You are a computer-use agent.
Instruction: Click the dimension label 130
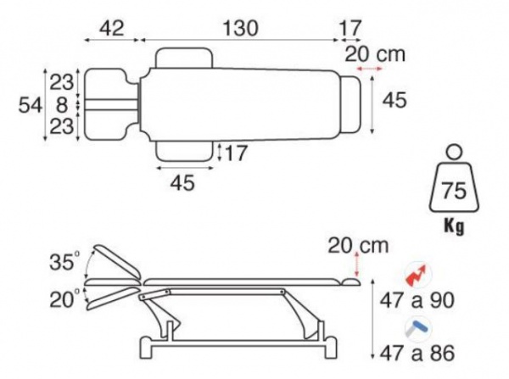pos(241,28)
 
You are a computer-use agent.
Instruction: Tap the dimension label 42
pos(111,28)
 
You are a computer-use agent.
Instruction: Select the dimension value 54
pos(31,105)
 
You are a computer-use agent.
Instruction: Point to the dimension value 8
pos(61,105)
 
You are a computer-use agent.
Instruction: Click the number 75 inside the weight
pos(454,191)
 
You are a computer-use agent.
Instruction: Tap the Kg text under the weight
pos(454,226)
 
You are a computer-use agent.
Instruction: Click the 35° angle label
pos(64,261)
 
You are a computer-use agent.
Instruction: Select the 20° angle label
pos(64,299)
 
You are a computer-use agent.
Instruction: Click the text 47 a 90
pos(417,300)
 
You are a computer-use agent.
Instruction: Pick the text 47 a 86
pos(417,353)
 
